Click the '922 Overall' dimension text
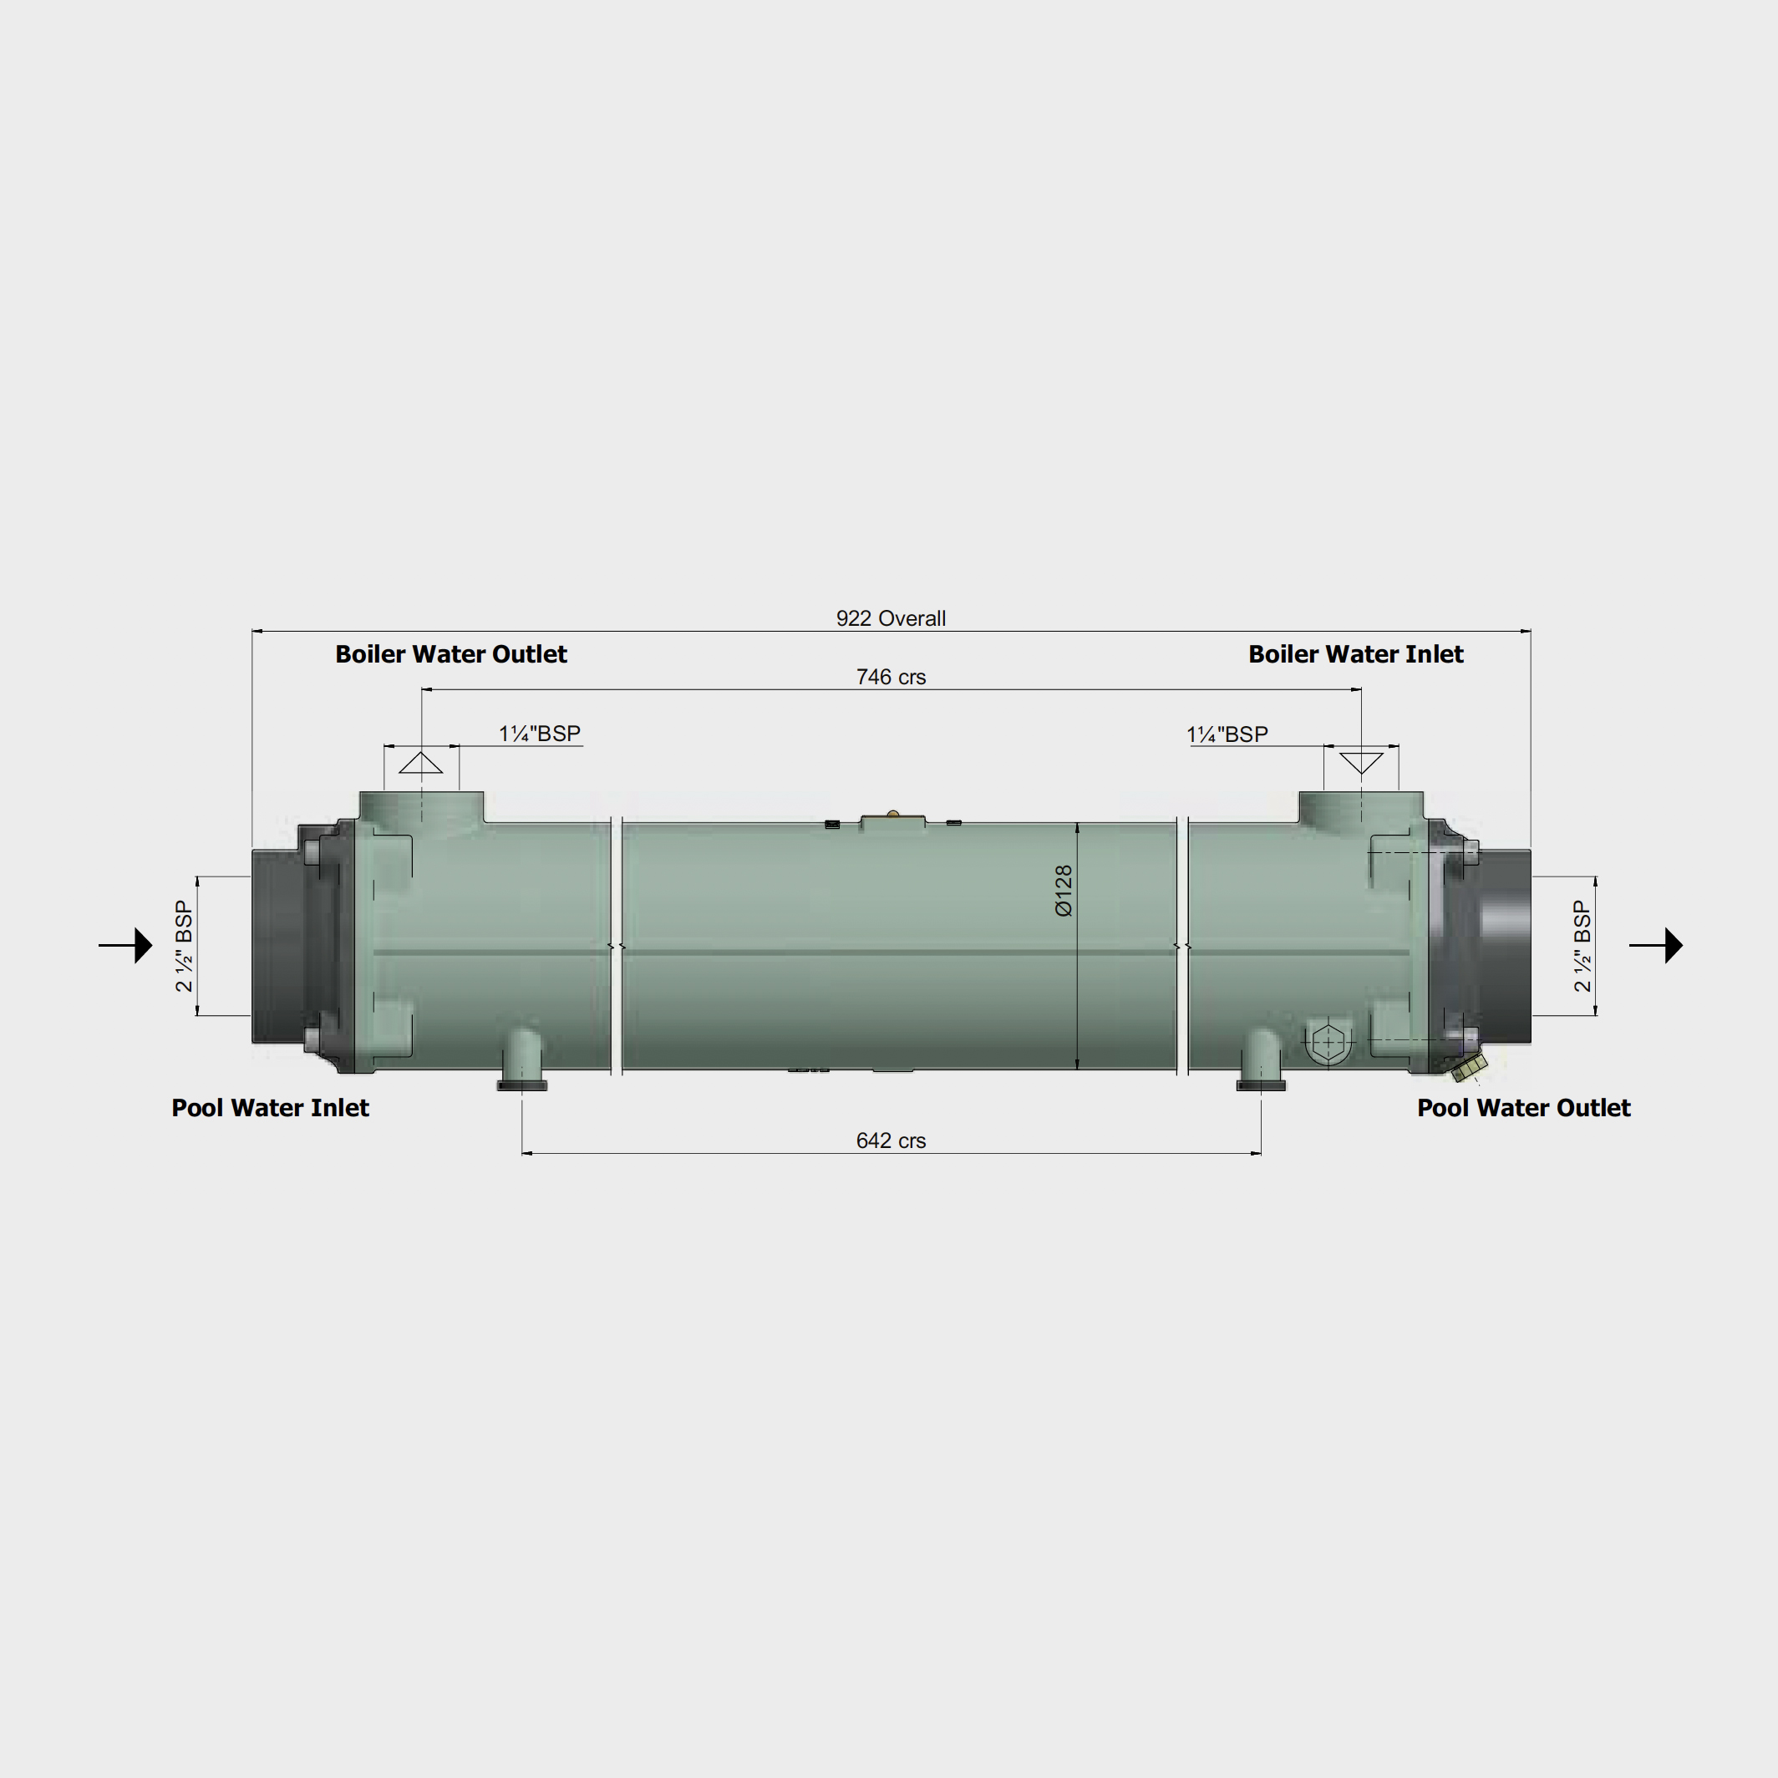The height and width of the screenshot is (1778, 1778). (890, 618)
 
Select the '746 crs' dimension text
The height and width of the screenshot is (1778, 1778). (891, 678)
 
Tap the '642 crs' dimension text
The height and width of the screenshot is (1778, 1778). (891, 1141)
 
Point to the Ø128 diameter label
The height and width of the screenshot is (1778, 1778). (1064, 891)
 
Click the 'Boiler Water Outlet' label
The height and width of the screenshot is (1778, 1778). (451, 654)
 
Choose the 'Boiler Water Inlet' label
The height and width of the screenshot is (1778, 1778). (1355, 654)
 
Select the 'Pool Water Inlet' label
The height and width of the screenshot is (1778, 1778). (271, 1108)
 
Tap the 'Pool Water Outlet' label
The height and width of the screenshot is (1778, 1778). (1524, 1108)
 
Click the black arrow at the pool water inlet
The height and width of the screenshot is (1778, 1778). (125, 945)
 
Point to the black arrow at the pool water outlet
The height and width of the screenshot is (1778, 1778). (1656, 945)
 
